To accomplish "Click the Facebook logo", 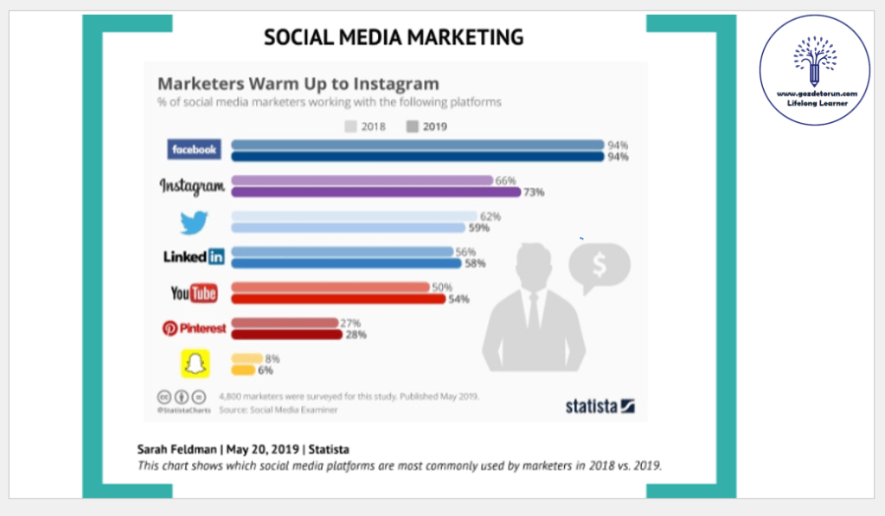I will tap(193, 150).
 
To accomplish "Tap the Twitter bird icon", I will tap(194, 223).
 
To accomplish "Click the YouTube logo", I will tap(194, 293).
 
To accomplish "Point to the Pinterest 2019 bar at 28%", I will tap(286, 334).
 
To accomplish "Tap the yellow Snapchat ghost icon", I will tap(195, 364).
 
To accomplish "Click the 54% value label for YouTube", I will tap(458, 299).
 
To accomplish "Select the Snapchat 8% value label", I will tap(271, 358).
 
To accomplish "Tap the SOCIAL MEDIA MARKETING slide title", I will tap(394, 37).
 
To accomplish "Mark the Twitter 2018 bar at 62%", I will tap(354, 216).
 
